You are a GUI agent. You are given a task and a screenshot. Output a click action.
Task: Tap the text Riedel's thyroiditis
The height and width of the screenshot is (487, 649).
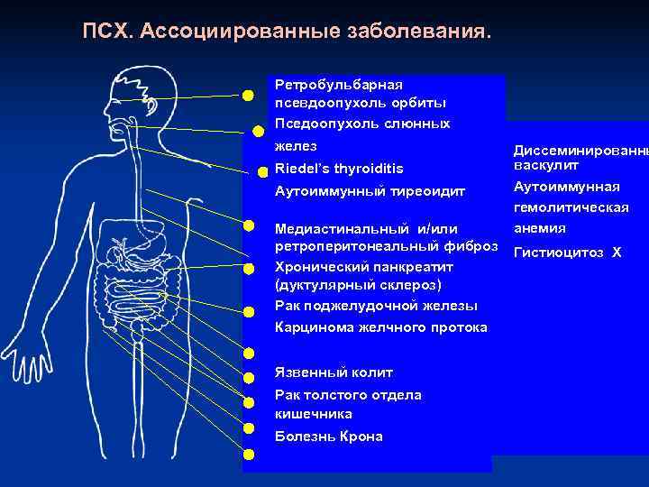(339, 169)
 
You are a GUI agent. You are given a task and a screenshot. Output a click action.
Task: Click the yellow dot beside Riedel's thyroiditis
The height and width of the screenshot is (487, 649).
(262, 170)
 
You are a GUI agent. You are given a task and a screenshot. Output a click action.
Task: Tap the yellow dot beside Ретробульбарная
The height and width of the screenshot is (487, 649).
(247, 94)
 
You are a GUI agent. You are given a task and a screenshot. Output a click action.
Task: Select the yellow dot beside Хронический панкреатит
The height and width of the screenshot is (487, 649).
(248, 268)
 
